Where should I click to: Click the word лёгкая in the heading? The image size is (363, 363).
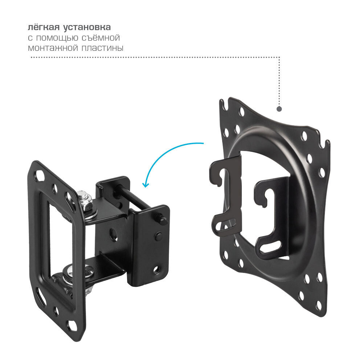point(44,27)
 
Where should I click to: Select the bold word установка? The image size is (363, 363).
point(87,28)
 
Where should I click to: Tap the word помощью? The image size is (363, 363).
point(57,38)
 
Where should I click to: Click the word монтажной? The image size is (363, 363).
point(53,48)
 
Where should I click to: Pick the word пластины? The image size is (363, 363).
point(102,48)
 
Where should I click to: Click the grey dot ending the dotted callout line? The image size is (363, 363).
point(279,109)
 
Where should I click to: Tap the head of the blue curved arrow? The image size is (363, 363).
point(145,184)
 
